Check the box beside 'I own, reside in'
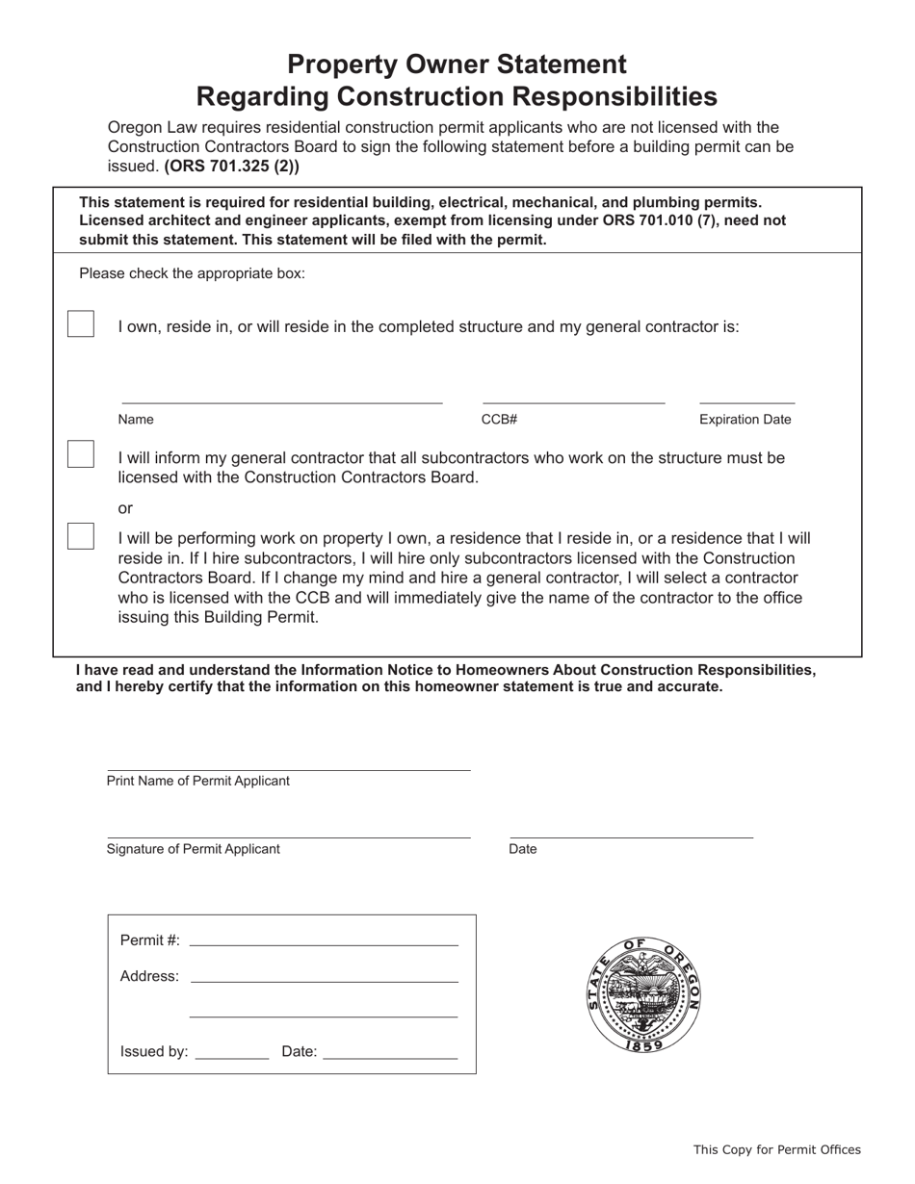tap(81, 324)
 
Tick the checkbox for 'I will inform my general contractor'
tap(81, 454)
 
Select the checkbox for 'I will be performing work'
tap(81, 536)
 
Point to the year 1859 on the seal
tap(643, 1045)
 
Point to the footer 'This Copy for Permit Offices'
tap(776, 1149)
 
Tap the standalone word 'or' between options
tap(125, 508)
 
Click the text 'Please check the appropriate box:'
tap(192, 273)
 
